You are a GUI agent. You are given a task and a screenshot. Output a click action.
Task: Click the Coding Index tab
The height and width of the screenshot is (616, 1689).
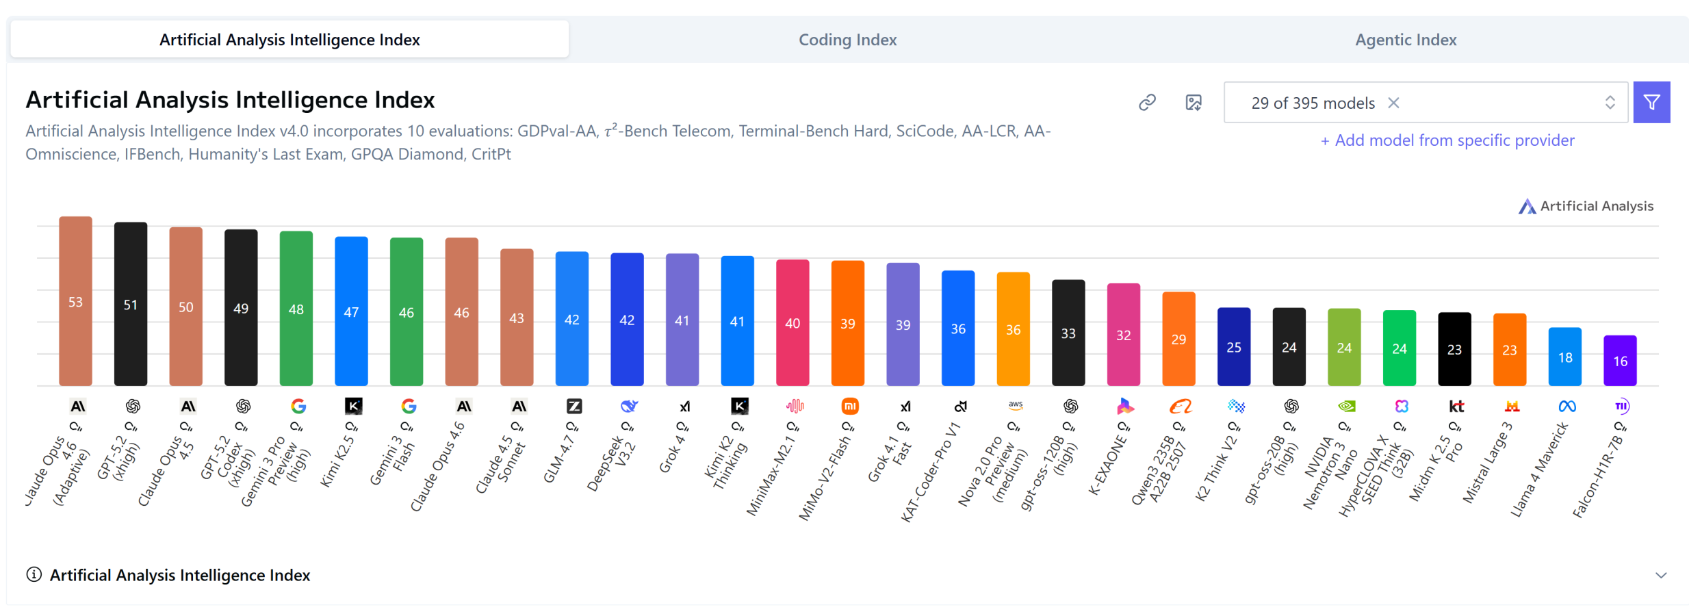pos(847,40)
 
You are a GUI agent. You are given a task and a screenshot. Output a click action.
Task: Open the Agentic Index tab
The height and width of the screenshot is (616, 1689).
pos(1406,40)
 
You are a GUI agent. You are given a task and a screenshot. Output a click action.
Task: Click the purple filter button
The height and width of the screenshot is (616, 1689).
pos(1651,103)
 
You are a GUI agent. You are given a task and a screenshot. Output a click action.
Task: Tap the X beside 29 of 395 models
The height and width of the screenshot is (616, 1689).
pos(1393,103)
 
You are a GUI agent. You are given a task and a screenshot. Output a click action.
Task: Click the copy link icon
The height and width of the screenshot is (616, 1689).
pos(1147,103)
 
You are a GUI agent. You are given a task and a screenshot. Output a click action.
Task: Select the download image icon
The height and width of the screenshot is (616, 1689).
pos(1194,103)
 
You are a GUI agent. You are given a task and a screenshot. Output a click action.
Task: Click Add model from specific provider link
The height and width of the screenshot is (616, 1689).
pos(1447,140)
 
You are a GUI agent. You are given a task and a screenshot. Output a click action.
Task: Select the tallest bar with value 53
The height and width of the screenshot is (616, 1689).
pos(75,301)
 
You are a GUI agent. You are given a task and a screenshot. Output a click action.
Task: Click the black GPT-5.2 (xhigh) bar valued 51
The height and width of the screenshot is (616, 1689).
pos(131,304)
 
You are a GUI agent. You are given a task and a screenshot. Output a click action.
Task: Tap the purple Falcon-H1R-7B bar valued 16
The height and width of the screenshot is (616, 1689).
pos(1620,361)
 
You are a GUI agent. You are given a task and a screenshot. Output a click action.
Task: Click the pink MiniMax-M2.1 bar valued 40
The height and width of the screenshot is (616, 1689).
pos(792,322)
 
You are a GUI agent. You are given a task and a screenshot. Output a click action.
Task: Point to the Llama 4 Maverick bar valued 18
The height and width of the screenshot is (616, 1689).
pos(1565,357)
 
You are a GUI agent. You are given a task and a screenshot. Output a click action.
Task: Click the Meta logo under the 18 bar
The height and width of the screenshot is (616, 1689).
pos(1567,407)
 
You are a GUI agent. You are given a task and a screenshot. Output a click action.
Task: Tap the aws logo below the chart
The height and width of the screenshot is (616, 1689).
pos(1016,405)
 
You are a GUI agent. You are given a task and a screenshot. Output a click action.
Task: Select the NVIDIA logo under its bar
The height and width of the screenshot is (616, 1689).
pos(1346,407)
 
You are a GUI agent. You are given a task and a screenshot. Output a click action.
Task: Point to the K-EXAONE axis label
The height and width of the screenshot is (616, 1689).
pos(1108,466)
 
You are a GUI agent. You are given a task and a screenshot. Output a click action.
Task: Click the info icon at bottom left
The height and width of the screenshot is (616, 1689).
pos(34,574)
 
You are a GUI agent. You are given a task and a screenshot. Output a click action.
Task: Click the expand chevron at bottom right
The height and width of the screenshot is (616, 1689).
pos(1661,575)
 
